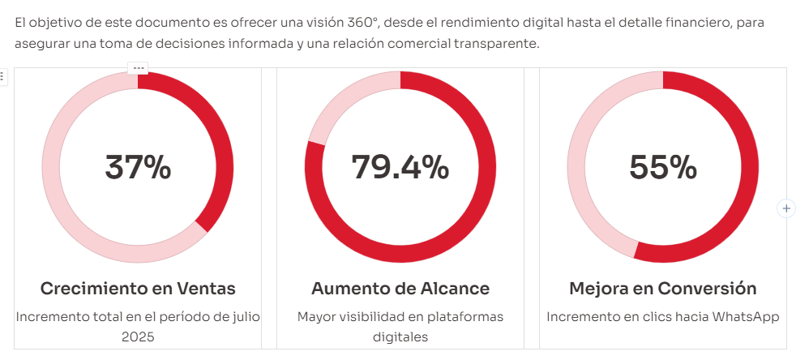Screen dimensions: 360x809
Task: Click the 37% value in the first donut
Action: [138, 167]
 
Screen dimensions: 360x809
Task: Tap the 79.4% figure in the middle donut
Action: [400, 167]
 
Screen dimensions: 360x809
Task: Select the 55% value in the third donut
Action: [662, 167]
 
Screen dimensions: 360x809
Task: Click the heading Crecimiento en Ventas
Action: [138, 289]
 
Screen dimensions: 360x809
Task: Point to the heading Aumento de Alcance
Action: [400, 289]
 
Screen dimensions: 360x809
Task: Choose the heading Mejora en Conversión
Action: [662, 289]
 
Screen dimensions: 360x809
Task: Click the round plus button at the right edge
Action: [785, 208]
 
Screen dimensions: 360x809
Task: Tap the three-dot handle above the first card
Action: [138, 68]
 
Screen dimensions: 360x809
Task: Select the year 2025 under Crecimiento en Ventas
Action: [138, 336]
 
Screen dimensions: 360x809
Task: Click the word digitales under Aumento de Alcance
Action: [400, 336]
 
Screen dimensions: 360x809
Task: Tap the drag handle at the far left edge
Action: [2, 76]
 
